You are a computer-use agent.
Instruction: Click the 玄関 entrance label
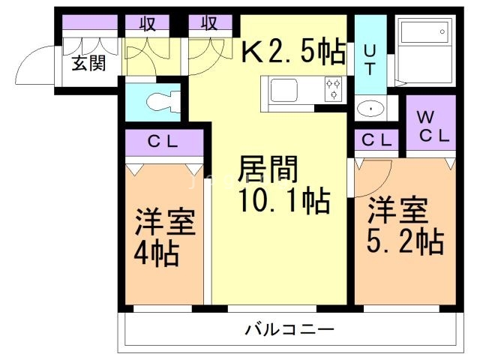[88, 63]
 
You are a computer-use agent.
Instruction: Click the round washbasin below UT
[370, 109]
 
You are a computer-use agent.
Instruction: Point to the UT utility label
[370, 60]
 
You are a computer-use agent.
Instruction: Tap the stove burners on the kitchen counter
[333, 89]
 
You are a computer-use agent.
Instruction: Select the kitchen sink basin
[284, 91]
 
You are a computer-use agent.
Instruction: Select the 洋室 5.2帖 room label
[405, 225]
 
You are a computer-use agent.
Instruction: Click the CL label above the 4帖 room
[163, 141]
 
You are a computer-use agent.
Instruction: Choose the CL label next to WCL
[376, 139]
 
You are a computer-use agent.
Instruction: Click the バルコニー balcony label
[288, 329]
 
